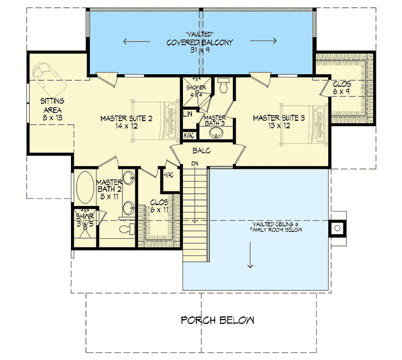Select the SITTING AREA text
pos(53,105)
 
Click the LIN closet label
pos(188,115)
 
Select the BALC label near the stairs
pos(200,150)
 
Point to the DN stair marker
pos(194,164)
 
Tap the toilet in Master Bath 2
pos(124,229)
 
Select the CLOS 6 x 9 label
pos(341,88)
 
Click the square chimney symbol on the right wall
pos(337,227)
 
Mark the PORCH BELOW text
pos(217,320)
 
